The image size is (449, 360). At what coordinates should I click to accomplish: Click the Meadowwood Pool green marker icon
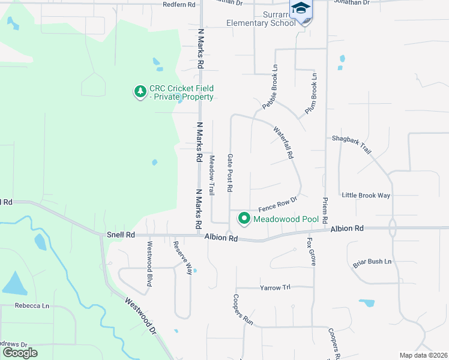pos(244,219)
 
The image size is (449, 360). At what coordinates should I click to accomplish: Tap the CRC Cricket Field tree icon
pos(140,92)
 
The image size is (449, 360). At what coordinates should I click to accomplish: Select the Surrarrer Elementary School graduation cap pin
pos(301,8)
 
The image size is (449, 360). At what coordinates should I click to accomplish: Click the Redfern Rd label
pos(179,4)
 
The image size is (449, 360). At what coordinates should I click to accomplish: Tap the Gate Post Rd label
pos(230,173)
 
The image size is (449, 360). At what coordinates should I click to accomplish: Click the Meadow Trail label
pos(211,175)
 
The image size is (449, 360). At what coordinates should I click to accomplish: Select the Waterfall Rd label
pos(283,142)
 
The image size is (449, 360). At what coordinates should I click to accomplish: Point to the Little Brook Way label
pos(366,196)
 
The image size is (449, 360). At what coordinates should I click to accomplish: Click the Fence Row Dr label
pos(278,204)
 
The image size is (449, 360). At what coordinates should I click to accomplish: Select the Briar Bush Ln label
pos(372,262)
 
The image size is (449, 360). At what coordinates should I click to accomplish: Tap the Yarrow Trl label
pos(275,288)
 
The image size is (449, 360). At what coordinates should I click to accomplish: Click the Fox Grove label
pos(311,251)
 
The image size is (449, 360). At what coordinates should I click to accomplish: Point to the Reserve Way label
pos(182,258)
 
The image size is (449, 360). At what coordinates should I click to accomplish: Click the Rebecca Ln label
pos(33,305)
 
